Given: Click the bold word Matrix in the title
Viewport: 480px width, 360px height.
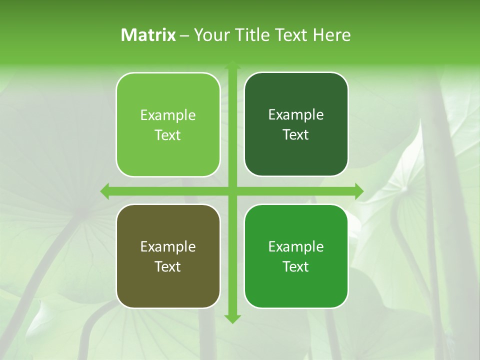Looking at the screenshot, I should (x=148, y=35).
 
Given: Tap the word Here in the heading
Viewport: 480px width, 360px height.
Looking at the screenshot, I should (x=331, y=35).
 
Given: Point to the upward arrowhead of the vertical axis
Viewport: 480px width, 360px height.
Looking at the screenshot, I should (x=232, y=65).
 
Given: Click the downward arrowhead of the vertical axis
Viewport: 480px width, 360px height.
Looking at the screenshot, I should (x=232, y=318).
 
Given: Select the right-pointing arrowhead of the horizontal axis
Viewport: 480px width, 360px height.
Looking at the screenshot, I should (x=358, y=191).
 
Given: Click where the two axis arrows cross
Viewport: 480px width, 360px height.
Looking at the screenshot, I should (x=232, y=191).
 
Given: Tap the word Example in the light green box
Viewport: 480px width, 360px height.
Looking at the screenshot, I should (x=168, y=115).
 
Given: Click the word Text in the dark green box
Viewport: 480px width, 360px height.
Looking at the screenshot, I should (x=296, y=134).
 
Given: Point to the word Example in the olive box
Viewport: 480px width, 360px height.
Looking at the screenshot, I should (x=168, y=247).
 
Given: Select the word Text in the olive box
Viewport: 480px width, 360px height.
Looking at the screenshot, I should (x=168, y=266).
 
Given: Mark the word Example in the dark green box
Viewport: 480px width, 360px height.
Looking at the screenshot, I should (x=296, y=115).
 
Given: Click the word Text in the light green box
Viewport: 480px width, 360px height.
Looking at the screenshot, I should (x=168, y=135).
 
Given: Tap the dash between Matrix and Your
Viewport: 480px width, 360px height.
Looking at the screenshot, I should (x=184, y=35).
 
